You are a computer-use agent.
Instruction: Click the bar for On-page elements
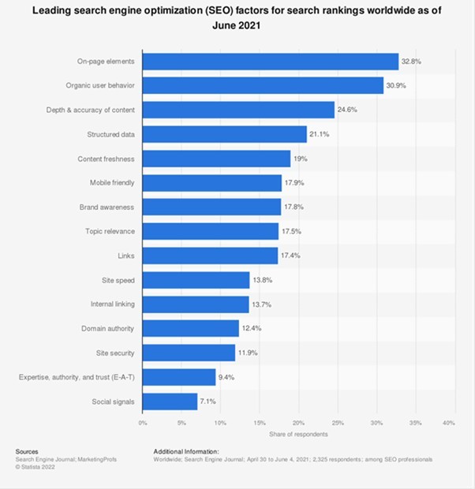271,62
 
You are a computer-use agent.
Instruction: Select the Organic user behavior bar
263,85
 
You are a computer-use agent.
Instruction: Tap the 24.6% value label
348,110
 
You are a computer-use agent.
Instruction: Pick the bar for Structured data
225,134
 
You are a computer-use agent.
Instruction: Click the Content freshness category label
107,159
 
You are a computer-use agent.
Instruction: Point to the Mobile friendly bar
212,183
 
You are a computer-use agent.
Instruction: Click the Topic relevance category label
110,231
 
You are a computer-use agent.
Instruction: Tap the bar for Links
210,256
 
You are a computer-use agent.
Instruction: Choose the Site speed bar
196,280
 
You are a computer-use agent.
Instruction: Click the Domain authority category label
108,328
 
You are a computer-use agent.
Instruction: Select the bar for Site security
189,353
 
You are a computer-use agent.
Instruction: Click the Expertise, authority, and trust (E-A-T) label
77,377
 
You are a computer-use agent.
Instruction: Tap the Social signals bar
170,401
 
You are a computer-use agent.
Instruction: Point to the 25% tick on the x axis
335,423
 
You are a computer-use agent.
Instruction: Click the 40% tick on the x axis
449,423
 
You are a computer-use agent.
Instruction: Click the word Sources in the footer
28,451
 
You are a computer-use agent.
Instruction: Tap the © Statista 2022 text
37,466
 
